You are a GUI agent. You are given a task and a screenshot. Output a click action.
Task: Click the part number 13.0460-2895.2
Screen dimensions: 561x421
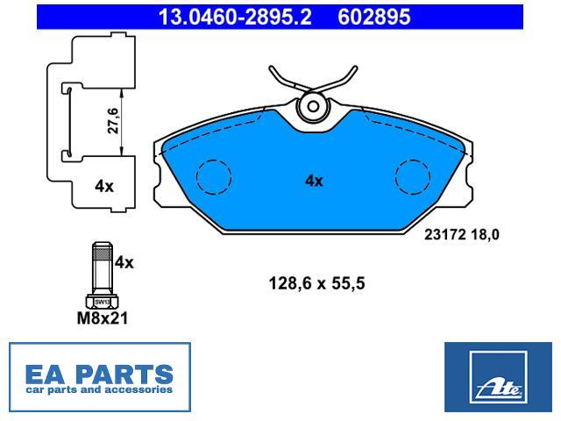[235, 17]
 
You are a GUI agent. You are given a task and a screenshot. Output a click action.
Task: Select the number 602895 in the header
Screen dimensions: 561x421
[374, 17]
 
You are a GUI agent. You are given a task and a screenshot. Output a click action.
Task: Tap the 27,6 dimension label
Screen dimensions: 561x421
[113, 121]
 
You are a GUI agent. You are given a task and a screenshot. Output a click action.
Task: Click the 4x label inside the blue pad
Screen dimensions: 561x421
[314, 181]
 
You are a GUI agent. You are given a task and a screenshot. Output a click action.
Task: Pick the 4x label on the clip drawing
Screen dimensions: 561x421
[104, 186]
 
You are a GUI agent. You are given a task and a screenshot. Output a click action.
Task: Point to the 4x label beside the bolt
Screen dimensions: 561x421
[124, 263]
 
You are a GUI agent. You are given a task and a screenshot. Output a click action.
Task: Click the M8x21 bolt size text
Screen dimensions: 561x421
[103, 318]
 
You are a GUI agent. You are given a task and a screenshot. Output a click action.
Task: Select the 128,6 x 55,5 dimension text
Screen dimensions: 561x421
[316, 283]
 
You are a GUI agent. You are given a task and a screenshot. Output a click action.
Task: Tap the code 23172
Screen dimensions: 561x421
[445, 235]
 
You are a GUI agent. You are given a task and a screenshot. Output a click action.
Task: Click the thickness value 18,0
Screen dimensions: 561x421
[485, 235]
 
